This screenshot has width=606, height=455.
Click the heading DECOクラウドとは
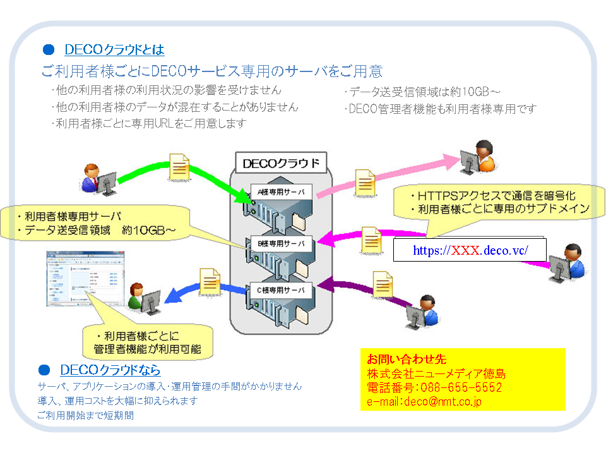click(114, 49)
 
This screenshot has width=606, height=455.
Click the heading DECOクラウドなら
click(110, 370)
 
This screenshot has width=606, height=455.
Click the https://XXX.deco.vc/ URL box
click(470, 250)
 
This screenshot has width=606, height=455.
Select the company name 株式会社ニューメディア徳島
click(436, 373)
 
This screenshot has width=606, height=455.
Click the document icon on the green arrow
click(179, 165)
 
